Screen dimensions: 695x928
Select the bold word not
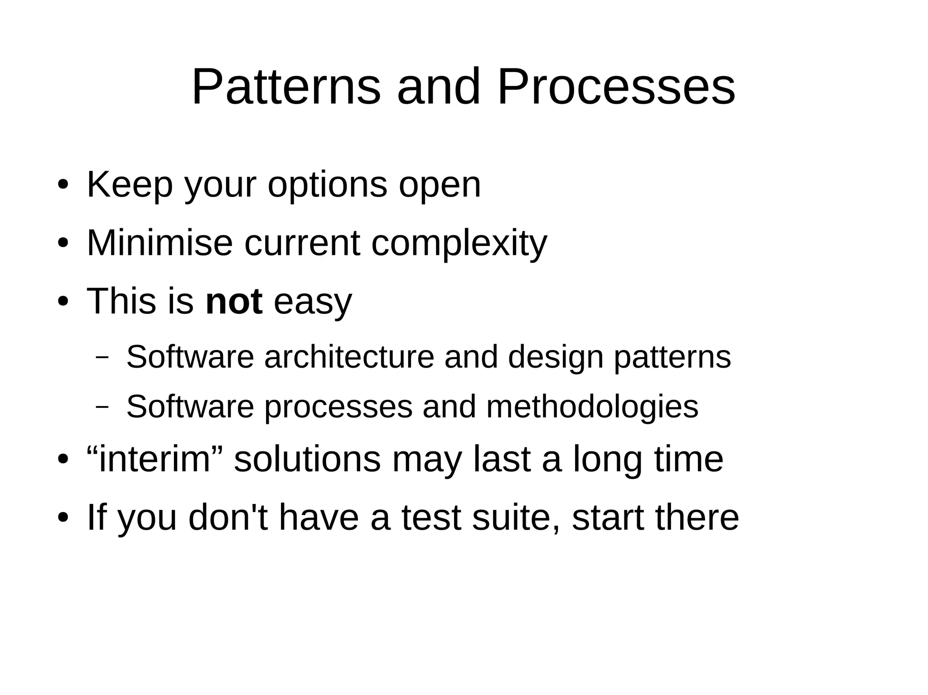[x=234, y=302]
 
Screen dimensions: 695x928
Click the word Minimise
[x=159, y=243]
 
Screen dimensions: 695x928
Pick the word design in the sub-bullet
[x=556, y=358]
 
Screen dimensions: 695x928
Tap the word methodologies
[x=592, y=407]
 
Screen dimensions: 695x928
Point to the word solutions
[x=307, y=459]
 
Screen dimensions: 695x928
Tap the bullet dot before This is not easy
[x=63, y=302]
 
